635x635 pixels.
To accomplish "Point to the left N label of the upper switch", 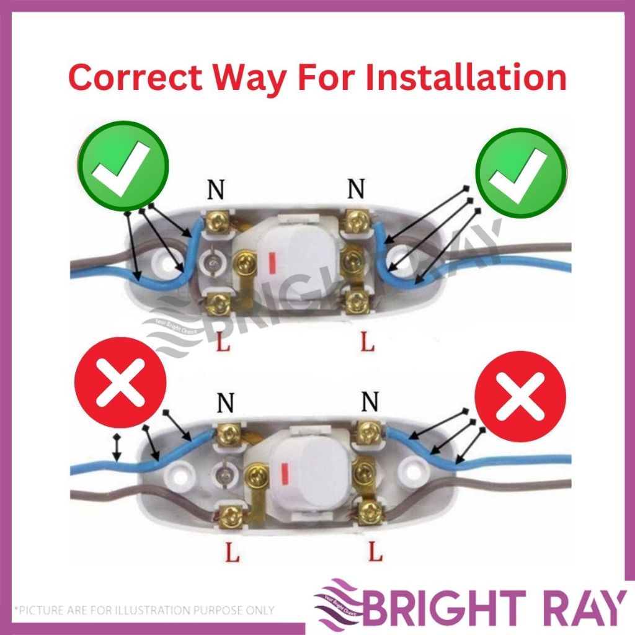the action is (x=216, y=190).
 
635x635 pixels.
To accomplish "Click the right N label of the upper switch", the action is (x=355, y=189).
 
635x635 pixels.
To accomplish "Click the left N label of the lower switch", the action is (x=226, y=404).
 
